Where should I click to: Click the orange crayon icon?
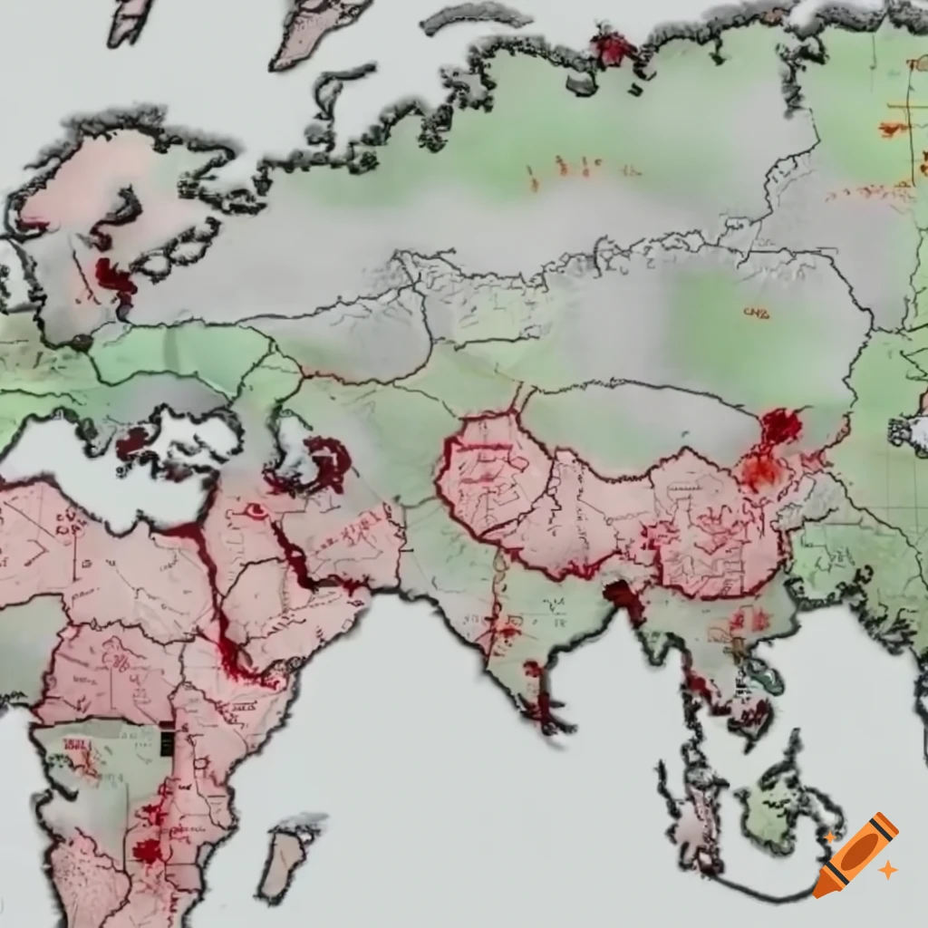click(x=856, y=854)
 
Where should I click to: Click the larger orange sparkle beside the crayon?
click(x=887, y=870)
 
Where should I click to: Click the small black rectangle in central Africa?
click(x=167, y=742)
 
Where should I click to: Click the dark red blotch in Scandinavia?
click(x=114, y=277)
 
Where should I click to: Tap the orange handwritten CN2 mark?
click(x=756, y=313)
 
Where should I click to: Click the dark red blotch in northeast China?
click(x=780, y=425)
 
